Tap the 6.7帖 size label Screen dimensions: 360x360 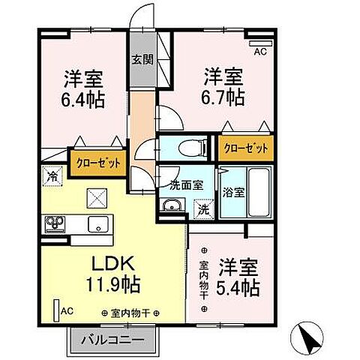224,97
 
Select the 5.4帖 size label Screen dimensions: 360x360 239,286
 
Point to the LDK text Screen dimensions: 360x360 112,265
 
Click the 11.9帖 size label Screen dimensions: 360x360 112,285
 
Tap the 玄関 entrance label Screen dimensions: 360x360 142,59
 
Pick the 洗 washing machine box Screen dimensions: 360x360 202,208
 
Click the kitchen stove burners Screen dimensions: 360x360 55,224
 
